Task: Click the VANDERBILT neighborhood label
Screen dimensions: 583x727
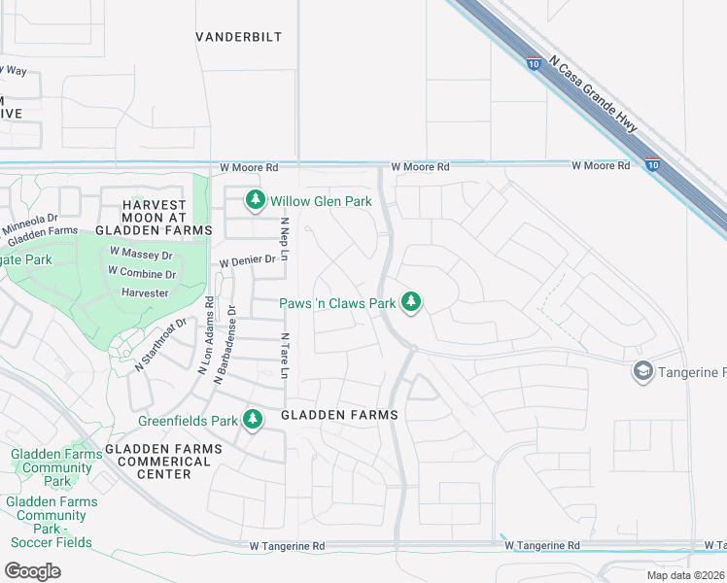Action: point(238,37)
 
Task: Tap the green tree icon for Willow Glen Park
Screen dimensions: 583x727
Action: point(255,200)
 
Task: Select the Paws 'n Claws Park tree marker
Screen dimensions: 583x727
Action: point(411,303)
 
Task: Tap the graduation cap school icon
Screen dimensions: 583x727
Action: point(642,372)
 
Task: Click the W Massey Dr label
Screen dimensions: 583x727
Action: point(141,255)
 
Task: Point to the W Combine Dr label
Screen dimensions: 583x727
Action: point(142,274)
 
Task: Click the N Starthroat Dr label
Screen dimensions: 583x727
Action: point(160,345)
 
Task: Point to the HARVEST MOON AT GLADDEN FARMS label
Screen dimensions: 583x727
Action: point(154,217)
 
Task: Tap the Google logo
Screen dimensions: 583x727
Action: point(32,570)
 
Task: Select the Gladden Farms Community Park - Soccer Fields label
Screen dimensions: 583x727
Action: point(51,522)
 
